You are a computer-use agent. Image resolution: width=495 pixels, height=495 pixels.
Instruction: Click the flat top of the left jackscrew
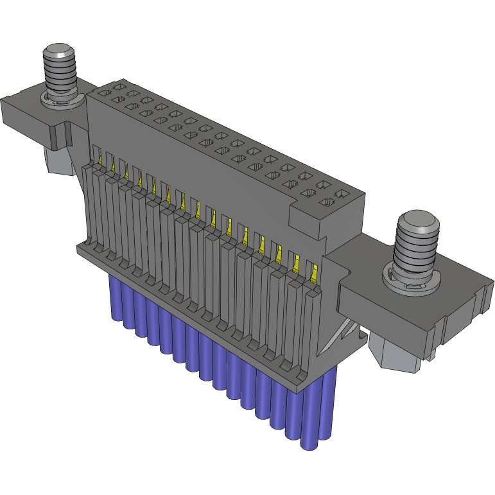59,51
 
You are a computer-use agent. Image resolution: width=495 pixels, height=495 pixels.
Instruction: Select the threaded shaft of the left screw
60,76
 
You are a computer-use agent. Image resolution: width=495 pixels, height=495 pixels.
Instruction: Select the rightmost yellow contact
313,274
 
